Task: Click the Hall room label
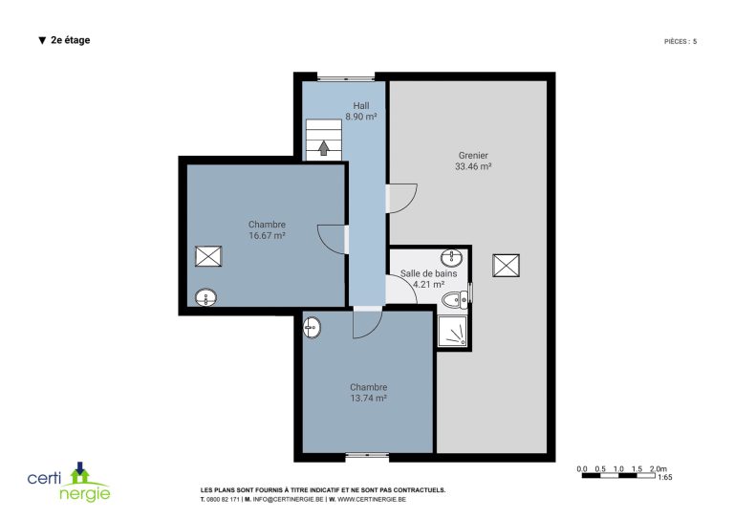pyautogui.click(x=361, y=106)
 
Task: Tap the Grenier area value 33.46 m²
pyautogui.click(x=473, y=166)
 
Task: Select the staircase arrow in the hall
pyautogui.click(x=323, y=148)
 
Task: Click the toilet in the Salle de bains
pyautogui.click(x=455, y=299)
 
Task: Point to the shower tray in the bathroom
pyautogui.click(x=452, y=332)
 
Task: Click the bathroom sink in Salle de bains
pyautogui.click(x=451, y=256)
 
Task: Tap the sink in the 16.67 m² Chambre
pyautogui.click(x=206, y=297)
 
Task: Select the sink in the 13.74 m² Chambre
pyautogui.click(x=312, y=327)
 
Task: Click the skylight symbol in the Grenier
pyautogui.click(x=506, y=266)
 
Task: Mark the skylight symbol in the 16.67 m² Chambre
pyautogui.click(x=208, y=256)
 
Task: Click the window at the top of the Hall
pyautogui.click(x=346, y=77)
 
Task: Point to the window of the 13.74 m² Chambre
pyautogui.click(x=367, y=455)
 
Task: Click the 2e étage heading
pyautogui.click(x=65, y=40)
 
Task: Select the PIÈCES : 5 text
pyautogui.click(x=680, y=42)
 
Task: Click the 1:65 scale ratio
pyautogui.click(x=665, y=477)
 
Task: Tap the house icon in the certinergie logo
pyautogui.click(x=80, y=473)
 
